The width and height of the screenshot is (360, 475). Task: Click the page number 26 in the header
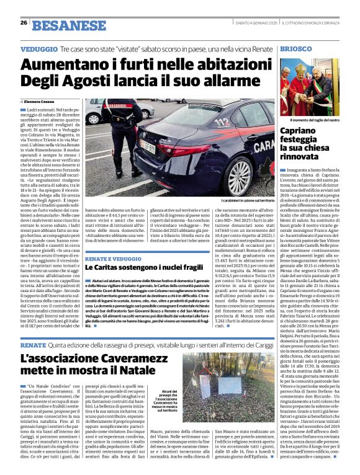click(x=23, y=23)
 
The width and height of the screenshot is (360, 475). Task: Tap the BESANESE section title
click(x=60, y=25)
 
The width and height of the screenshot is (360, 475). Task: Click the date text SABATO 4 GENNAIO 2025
click(x=254, y=23)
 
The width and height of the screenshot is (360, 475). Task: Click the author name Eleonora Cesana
click(x=41, y=100)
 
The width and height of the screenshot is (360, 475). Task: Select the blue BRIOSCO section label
click(x=295, y=48)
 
